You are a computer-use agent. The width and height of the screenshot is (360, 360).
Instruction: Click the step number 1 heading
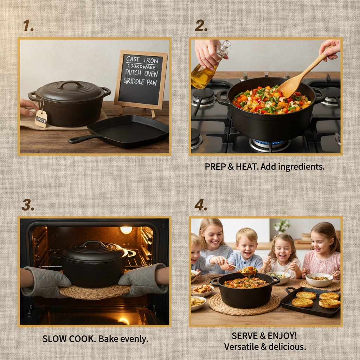point(28,26)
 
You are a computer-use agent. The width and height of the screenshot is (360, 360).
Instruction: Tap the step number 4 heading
point(201,205)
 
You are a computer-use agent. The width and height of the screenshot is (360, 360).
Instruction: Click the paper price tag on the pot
point(41,118)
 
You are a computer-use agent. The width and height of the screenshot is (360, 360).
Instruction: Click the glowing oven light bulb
point(126,230)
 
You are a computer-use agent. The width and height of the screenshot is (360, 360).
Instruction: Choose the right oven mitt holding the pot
point(142,279)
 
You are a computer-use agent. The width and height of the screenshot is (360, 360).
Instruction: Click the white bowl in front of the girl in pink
point(319,280)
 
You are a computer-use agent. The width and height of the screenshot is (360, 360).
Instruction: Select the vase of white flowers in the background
point(282,227)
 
